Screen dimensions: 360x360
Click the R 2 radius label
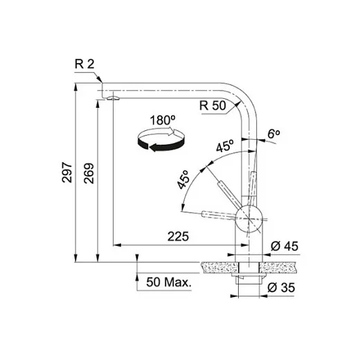tap(84, 64)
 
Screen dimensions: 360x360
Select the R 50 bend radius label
tap(213, 105)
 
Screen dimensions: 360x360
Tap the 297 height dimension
tap(67, 172)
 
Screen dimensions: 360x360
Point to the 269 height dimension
tap(89, 173)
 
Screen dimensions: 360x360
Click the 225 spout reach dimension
tap(178, 236)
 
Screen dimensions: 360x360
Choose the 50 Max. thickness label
tap(169, 282)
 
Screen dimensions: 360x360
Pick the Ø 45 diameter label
tap(285, 246)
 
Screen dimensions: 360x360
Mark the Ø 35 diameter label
tap(281, 287)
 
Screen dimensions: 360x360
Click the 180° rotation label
tap(163, 120)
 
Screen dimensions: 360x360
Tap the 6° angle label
tap(273, 134)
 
